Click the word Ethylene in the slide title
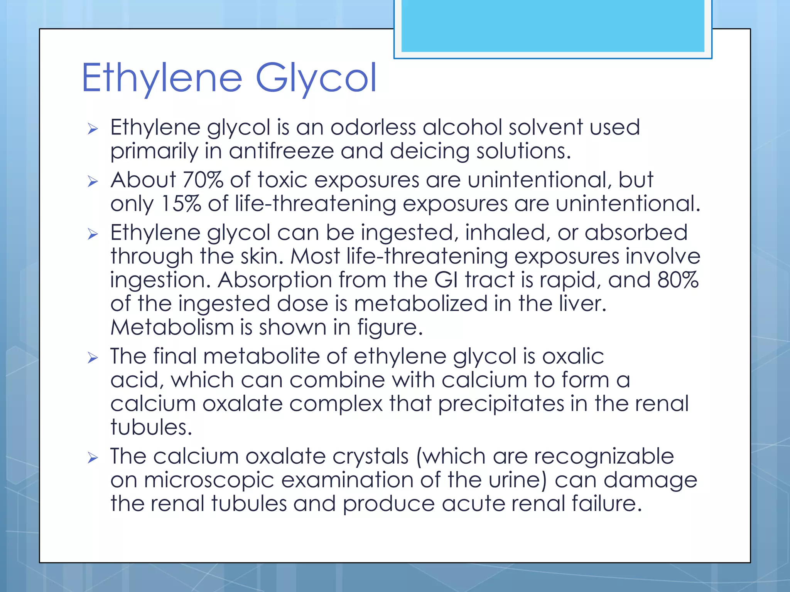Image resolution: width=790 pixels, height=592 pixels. [x=162, y=78]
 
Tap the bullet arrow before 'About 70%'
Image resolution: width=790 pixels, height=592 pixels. [x=93, y=181]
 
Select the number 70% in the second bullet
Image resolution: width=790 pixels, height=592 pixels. [x=203, y=180]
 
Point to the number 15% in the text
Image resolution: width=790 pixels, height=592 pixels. [x=181, y=203]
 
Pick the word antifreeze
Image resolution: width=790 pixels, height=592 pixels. [x=281, y=151]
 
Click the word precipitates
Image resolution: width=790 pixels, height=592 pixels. [x=501, y=404]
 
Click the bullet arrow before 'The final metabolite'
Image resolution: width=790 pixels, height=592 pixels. [x=93, y=358]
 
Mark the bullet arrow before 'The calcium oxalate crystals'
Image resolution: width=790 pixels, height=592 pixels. [x=93, y=457]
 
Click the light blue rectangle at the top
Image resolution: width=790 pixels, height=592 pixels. [x=552, y=25]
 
